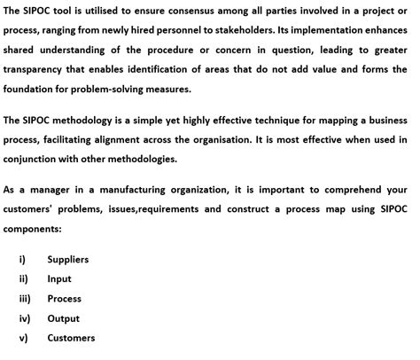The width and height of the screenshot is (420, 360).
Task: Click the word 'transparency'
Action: pyautogui.click(x=37, y=70)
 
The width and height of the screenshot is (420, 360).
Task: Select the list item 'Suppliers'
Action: pyautogui.click(x=68, y=260)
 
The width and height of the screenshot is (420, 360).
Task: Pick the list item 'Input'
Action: pyautogui.click(x=59, y=279)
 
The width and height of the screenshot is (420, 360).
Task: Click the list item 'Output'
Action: pyautogui.click(x=63, y=318)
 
